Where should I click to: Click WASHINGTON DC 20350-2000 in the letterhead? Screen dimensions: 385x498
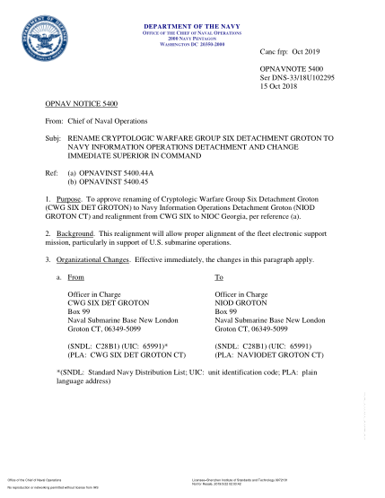[192, 44]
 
